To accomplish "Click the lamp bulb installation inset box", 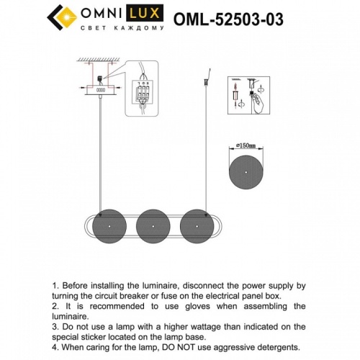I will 247,95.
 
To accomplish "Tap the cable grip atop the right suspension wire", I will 208,75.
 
